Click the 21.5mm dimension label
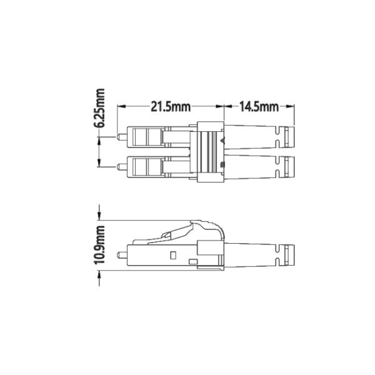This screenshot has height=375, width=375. (x=170, y=107)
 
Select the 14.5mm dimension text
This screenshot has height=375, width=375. (x=259, y=107)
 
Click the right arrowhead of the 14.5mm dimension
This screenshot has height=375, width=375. (x=291, y=107)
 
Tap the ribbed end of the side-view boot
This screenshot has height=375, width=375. (x=287, y=255)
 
